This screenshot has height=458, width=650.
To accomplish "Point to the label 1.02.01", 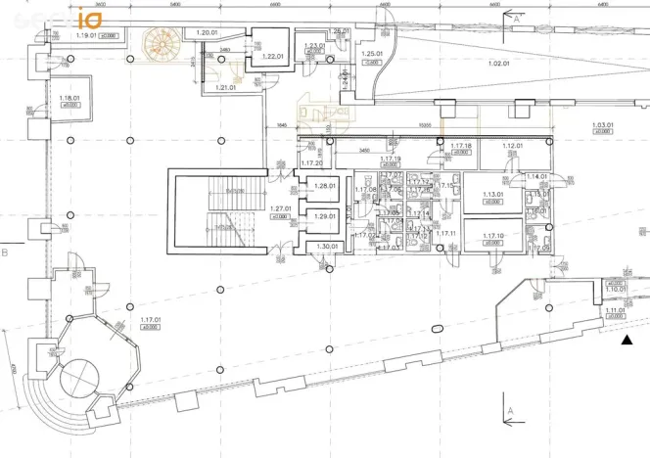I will pyautogui.click(x=499, y=64).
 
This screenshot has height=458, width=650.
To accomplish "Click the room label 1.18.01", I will pyautogui.click(x=69, y=98).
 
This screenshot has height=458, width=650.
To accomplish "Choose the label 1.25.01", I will pyautogui.click(x=371, y=54).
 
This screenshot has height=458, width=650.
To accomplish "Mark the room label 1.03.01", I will pyautogui.click(x=603, y=125).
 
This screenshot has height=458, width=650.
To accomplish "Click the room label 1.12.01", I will pyautogui.click(x=513, y=146).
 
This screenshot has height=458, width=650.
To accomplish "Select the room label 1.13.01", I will pyautogui.click(x=492, y=194).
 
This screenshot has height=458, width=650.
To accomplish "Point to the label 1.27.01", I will pyautogui.click(x=281, y=208).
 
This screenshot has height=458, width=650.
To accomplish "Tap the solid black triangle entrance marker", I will pyautogui.click(x=627, y=340).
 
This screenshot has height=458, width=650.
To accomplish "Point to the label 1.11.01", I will pyautogui.click(x=614, y=311).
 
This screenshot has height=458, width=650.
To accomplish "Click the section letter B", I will pyautogui.click(x=6, y=252).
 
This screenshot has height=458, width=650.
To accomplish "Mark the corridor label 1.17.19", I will pyautogui.click(x=391, y=159).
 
